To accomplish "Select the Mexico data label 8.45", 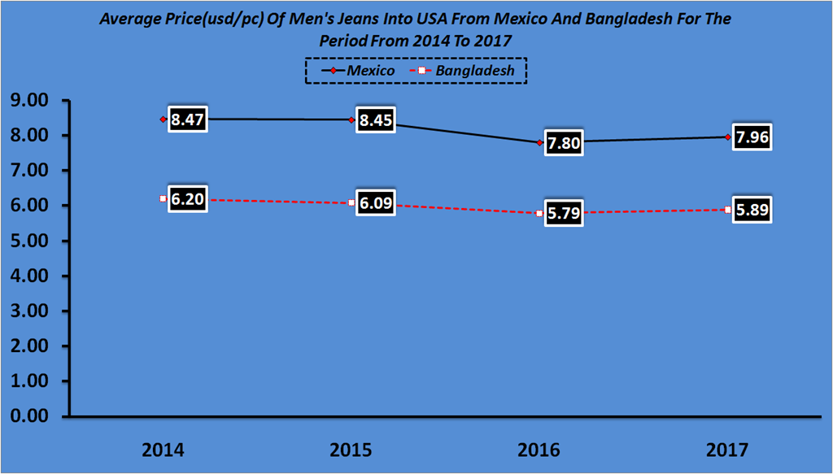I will (376, 120).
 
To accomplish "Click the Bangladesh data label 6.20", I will (188, 200).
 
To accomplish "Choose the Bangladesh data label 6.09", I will (376, 203).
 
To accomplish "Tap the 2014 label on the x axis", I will (163, 449).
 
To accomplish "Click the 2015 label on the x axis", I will (351, 449).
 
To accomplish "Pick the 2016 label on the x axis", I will (539, 449).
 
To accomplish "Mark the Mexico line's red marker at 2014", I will (163, 120).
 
